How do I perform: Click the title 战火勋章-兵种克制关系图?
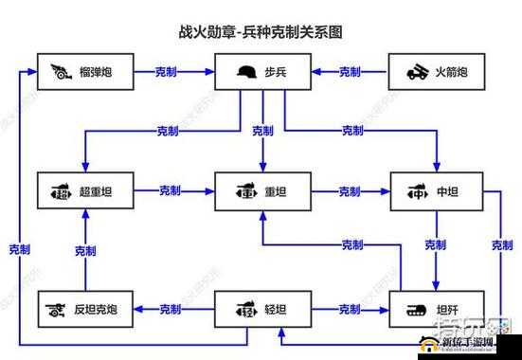click(x=261, y=31)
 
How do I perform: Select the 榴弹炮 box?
click(x=84, y=72)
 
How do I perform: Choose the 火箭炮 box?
click(x=437, y=72)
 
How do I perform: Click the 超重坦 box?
click(x=84, y=192)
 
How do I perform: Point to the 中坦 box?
click(x=437, y=192)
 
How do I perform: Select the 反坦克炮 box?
click(x=84, y=309)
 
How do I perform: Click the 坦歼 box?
click(x=437, y=309)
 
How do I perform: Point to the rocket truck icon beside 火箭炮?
click(x=418, y=72)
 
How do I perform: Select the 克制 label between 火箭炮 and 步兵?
click(x=350, y=72)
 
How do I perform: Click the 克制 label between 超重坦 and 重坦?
click(x=171, y=191)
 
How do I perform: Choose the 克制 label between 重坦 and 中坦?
click(x=350, y=191)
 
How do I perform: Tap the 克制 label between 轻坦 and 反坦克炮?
click(x=171, y=309)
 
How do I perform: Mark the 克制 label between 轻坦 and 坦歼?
click(x=350, y=309)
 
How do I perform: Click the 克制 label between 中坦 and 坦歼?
click(x=436, y=245)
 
